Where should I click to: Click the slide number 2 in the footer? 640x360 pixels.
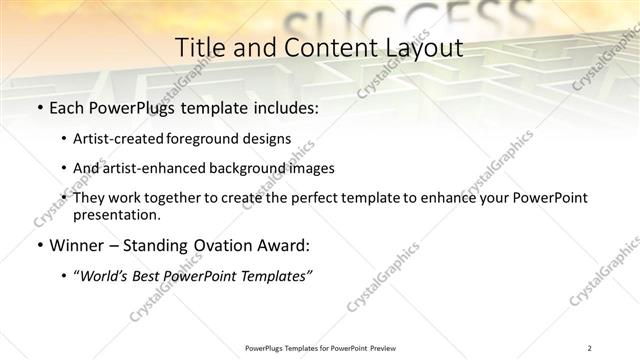590,347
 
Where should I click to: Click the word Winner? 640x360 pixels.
76,245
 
